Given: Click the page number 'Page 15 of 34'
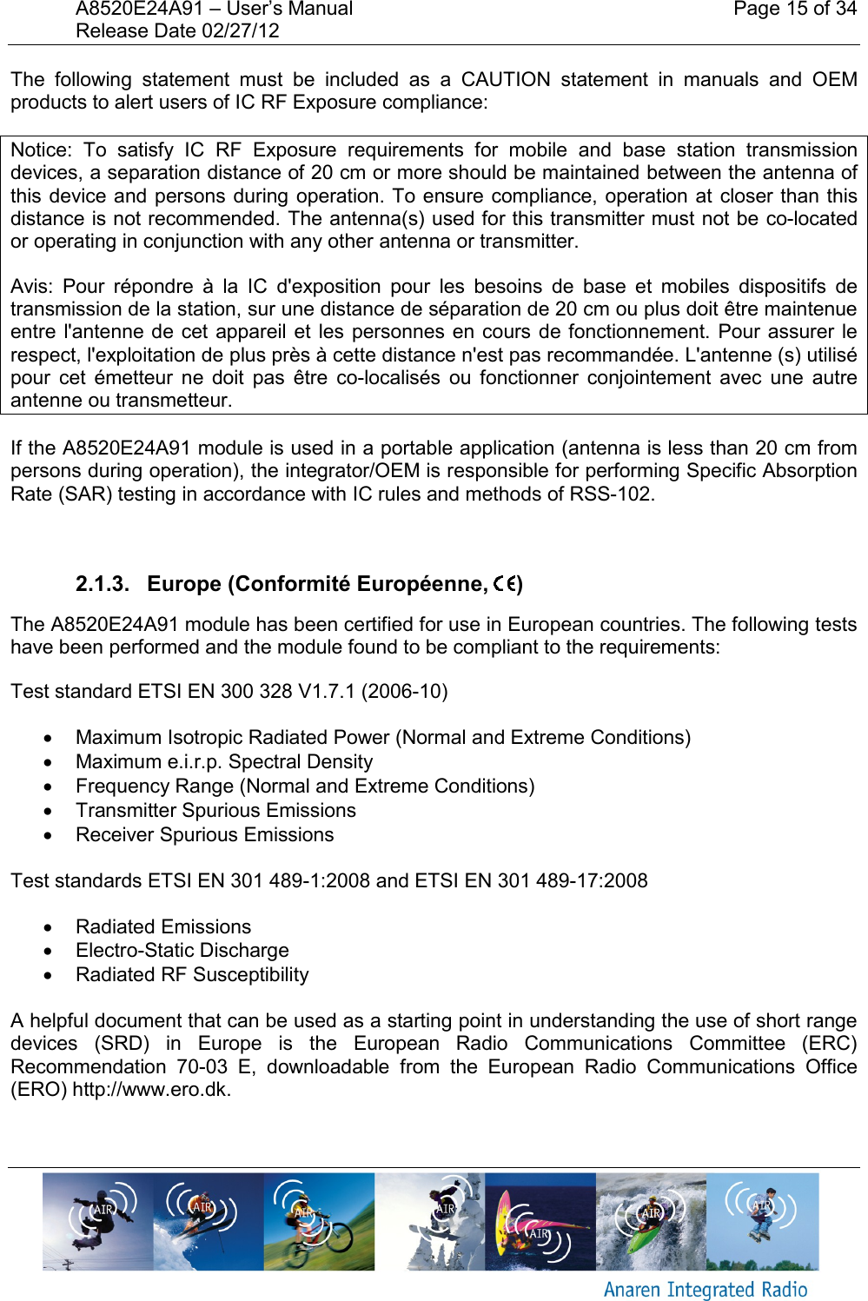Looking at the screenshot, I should (x=794, y=10).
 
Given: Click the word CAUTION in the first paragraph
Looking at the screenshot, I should (x=505, y=80).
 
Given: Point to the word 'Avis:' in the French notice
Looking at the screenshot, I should (x=32, y=287).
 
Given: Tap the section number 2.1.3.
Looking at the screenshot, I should (x=102, y=584).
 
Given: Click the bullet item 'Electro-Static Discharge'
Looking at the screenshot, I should (x=182, y=951).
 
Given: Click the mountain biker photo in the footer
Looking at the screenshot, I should (x=319, y=1221).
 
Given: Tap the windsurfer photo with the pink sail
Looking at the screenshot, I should (x=540, y=1221).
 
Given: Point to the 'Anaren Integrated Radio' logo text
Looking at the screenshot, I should (x=705, y=1290).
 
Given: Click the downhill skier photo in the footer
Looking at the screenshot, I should (x=208, y=1221).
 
